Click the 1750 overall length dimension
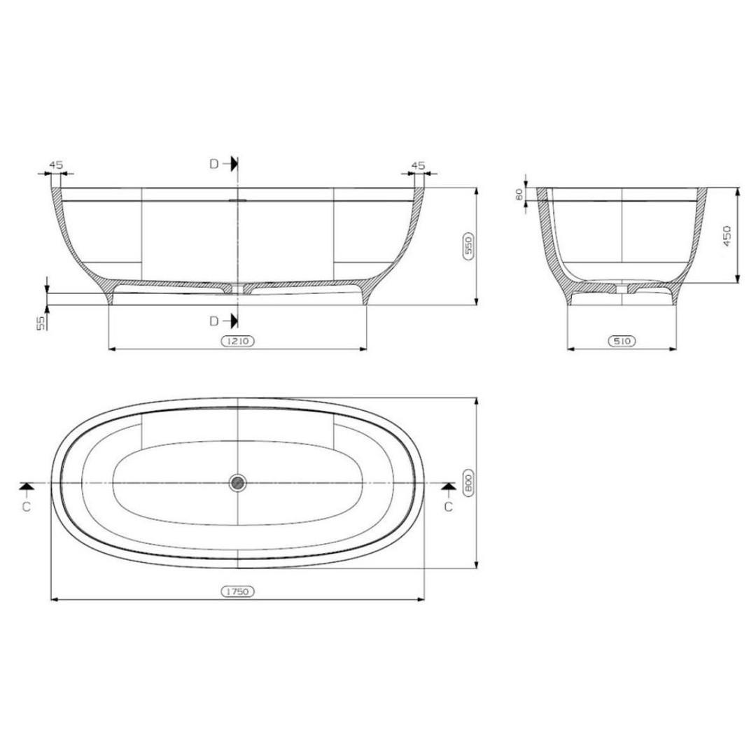click(238, 591)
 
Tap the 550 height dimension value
click(470, 246)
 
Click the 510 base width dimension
click(622, 342)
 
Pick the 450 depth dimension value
click(727, 237)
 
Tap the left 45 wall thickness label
click(56, 165)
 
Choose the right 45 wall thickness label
click(418, 165)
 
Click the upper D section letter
click(213, 164)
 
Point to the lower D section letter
click(213, 321)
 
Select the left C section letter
click(26, 507)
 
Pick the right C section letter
click(448, 507)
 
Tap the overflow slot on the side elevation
click(238, 199)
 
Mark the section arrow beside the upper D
click(232, 164)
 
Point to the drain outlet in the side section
click(238, 288)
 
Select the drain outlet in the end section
click(622, 288)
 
